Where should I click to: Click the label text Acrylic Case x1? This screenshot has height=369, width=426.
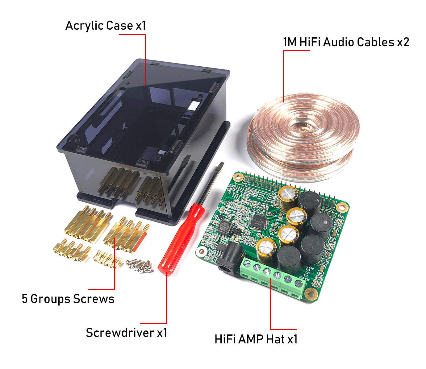tap(106, 26)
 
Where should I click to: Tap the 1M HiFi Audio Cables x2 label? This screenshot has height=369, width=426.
tap(346, 42)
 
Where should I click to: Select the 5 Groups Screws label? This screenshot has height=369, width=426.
tap(68, 299)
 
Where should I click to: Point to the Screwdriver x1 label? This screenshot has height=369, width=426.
tap(127, 333)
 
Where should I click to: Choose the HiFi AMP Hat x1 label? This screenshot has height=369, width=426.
tap(256, 339)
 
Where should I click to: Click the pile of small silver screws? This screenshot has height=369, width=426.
tap(140, 265)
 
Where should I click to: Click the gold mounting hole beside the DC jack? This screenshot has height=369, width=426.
tap(202, 251)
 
